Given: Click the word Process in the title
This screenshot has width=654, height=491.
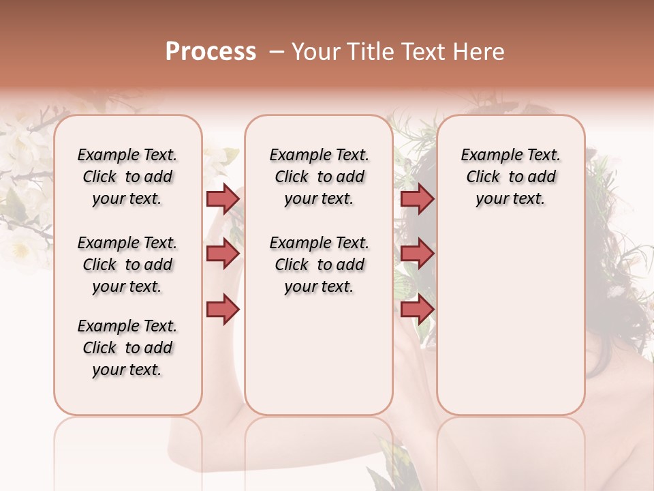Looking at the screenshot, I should tap(211, 52).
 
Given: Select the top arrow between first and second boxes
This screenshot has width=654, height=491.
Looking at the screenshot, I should tap(223, 198).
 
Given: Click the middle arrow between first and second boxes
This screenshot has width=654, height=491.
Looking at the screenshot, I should tap(223, 254).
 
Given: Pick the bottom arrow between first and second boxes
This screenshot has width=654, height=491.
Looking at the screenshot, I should tap(223, 309).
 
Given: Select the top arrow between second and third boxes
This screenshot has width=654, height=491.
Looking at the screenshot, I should tap(417, 198).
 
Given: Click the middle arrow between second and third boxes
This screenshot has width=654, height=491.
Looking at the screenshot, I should tap(417, 254).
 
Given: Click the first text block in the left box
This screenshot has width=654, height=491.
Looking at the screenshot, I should tap(127, 177).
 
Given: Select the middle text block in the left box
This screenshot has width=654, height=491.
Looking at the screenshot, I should tap(127, 265).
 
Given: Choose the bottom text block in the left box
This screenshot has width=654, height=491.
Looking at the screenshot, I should tap(127, 348).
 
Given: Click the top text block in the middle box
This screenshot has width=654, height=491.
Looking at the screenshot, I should tap(320, 177).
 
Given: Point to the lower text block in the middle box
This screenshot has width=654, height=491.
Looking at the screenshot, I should tap(320, 265).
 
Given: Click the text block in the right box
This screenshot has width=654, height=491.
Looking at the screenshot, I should tap(511, 177).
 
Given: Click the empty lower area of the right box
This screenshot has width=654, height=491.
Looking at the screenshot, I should tap(511, 321).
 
